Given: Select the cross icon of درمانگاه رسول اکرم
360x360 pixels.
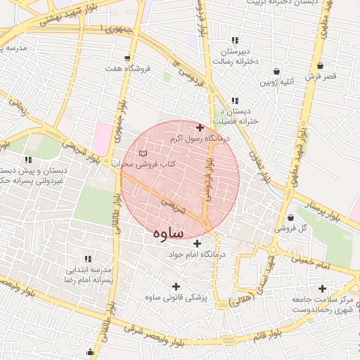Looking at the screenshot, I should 200,128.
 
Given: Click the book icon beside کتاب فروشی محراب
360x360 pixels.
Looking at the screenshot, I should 143,153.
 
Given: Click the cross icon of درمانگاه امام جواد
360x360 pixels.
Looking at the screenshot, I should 197,243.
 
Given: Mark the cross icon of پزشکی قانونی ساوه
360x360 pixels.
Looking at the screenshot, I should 176,286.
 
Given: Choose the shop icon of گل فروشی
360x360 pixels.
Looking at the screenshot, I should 291,217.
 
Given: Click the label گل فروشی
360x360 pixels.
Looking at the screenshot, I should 293,229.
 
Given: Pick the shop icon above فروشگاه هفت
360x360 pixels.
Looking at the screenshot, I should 127,57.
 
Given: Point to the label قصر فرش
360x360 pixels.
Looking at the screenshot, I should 321,75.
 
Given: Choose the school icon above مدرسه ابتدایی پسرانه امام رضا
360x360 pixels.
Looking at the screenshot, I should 88,259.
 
